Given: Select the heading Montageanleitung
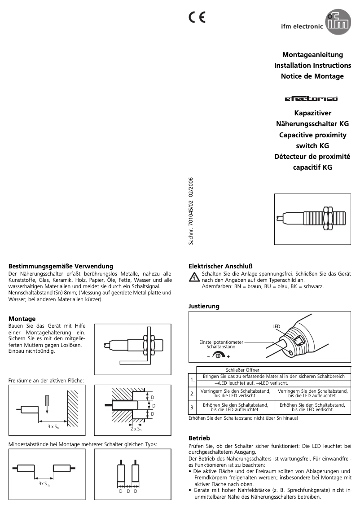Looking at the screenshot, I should (312, 55).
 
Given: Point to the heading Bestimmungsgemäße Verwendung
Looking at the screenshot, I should (61, 266).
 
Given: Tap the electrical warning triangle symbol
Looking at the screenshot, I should (193, 277).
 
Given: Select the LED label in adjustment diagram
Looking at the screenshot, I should (276, 326).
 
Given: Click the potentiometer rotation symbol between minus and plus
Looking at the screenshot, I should (218, 355).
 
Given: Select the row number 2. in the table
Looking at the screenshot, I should (192, 394).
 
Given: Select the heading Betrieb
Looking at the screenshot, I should (199, 438).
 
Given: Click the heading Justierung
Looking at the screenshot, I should (204, 306).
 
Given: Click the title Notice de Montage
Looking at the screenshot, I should (312, 76).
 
